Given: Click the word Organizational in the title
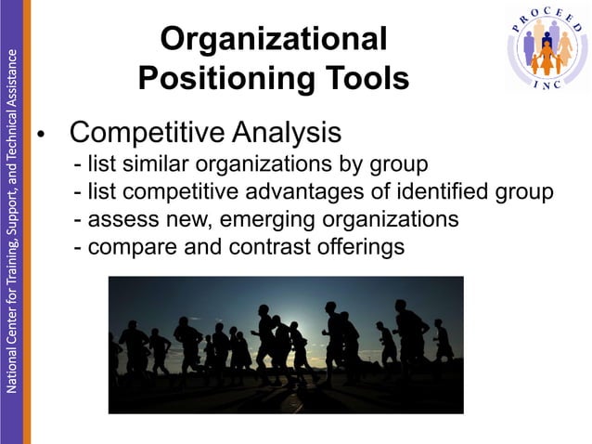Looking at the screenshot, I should pos(273,40).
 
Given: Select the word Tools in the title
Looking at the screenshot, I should pos(360,79).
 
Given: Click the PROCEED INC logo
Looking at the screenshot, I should pos(547,47).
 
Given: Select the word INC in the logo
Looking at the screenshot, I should pos(547,85).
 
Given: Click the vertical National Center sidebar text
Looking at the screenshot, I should pos(10,214).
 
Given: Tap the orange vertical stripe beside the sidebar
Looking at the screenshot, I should pos(27,222).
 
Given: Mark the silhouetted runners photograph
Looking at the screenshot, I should pos(286,345).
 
